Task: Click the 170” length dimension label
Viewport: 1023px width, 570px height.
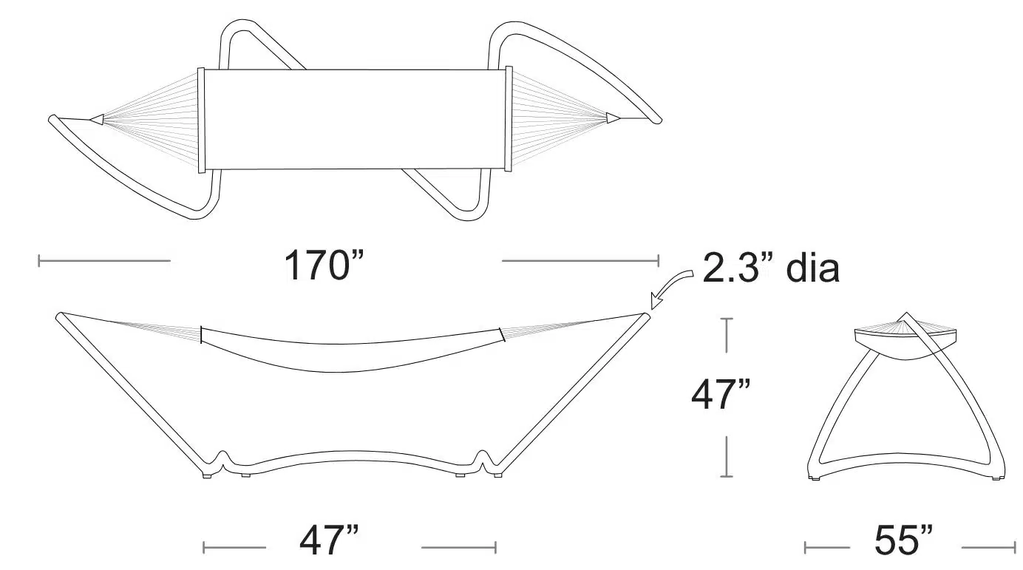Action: pos(324,265)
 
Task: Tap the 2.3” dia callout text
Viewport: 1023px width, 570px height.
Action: pos(771,268)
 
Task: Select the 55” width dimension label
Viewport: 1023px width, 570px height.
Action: pos(903,540)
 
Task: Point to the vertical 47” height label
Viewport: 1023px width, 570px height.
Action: pos(720,394)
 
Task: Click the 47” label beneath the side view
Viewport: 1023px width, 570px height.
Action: pos(329,540)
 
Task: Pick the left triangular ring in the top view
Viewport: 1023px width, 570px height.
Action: pos(96,119)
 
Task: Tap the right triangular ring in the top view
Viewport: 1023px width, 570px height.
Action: pos(613,118)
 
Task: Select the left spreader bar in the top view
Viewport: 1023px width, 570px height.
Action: pos(201,121)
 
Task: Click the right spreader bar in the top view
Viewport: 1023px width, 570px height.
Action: pos(509,119)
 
